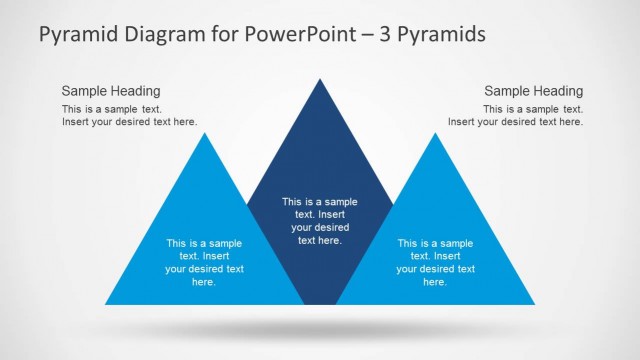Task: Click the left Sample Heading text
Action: click(x=110, y=90)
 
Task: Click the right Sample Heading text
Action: click(x=533, y=90)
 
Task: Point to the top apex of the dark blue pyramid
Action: click(x=320, y=79)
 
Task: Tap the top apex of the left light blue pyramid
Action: click(x=205, y=134)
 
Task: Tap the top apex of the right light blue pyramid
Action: click(x=435, y=134)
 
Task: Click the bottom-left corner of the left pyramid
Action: click(x=107, y=303)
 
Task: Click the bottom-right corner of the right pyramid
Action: click(x=533, y=303)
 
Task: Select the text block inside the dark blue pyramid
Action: click(x=320, y=220)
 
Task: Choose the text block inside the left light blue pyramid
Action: click(x=204, y=262)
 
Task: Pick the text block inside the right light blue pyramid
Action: click(x=435, y=262)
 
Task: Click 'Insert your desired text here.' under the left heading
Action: click(x=129, y=122)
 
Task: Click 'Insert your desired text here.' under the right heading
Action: click(x=515, y=122)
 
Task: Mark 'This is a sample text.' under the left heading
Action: click(x=111, y=109)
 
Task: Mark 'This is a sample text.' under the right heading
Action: click(x=533, y=109)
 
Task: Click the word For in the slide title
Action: click(x=214, y=34)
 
